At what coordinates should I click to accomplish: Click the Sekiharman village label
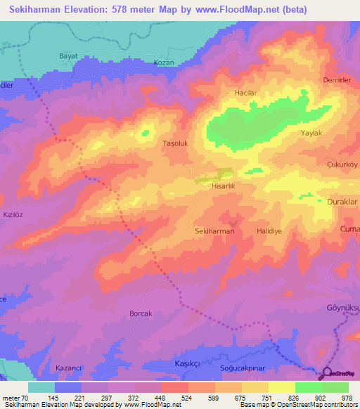214,231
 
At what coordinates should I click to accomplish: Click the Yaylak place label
311,133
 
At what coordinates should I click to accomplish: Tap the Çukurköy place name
342,166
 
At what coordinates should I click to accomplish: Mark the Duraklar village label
342,201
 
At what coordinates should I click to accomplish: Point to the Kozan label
163,63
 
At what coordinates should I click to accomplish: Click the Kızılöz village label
14,214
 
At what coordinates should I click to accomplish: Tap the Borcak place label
141,313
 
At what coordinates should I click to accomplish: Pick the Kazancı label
69,368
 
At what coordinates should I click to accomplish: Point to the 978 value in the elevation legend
348,397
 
